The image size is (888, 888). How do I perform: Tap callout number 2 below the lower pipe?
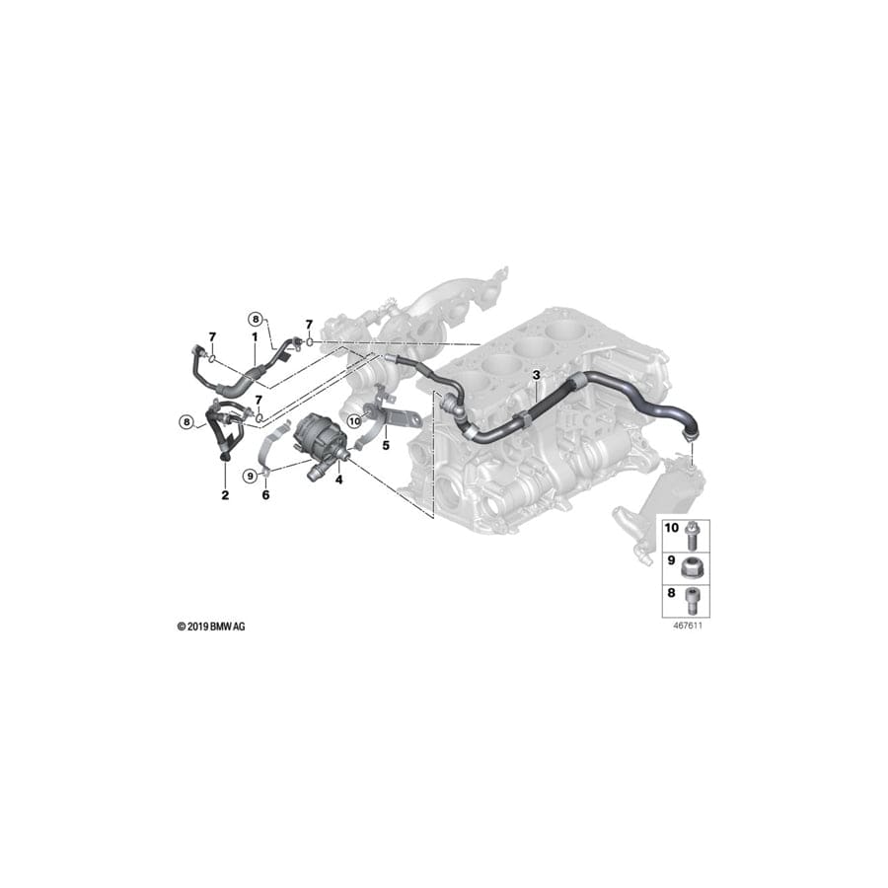[225, 494]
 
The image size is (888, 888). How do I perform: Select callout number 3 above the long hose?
[536, 375]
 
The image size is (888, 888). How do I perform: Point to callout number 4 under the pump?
[338, 481]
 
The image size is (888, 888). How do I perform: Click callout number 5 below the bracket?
[386, 444]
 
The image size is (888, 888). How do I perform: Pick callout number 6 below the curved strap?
[265, 494]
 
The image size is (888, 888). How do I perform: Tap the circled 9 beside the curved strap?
[251, 476]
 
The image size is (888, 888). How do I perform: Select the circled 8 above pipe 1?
[255, 319]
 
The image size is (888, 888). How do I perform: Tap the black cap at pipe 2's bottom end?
[224, 455]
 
